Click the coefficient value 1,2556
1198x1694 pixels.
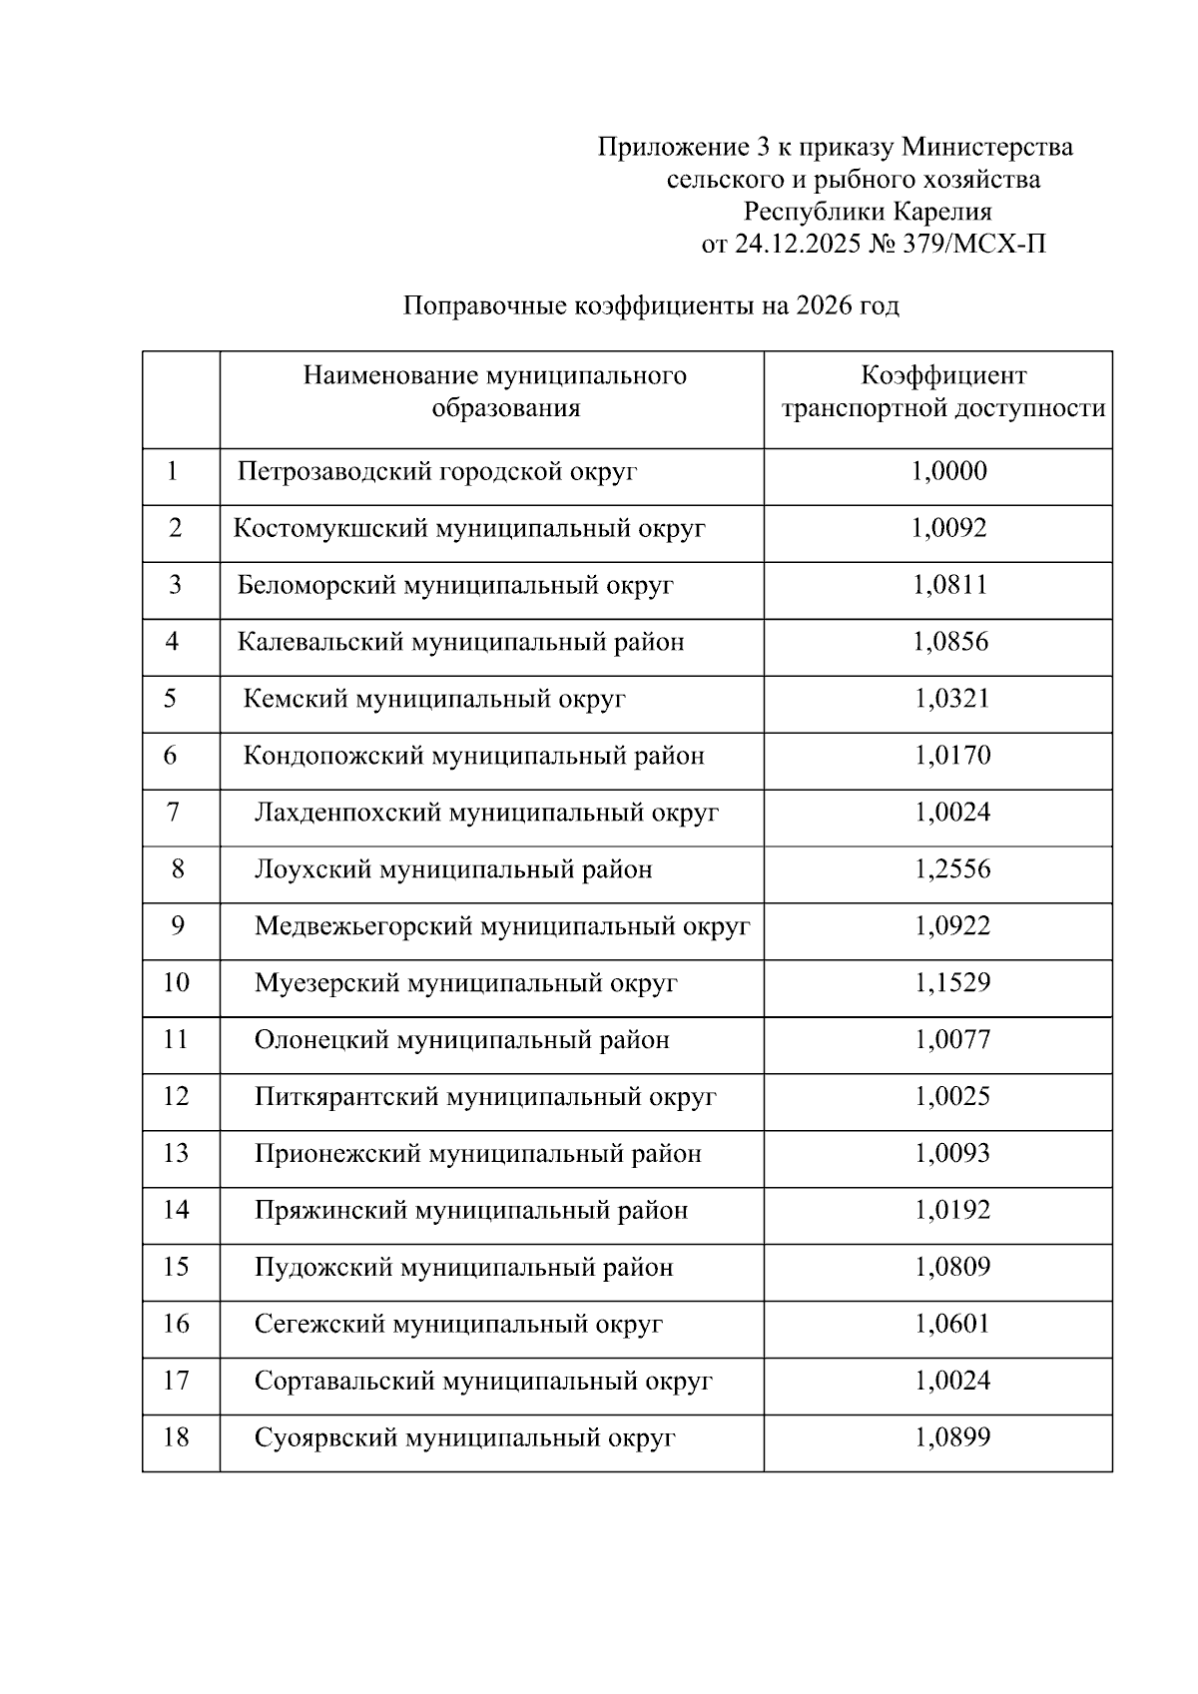952,869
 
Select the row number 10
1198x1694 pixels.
176,983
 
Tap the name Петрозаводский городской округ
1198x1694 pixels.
436,471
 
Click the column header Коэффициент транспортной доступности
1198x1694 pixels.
942,392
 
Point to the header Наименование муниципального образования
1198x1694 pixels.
495,392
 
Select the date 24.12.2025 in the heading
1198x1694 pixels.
798,244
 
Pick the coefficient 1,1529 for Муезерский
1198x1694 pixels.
952,983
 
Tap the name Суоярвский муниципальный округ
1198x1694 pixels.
464,1438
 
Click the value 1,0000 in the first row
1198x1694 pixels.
948,471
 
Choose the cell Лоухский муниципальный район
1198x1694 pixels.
452,869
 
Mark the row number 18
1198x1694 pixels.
176,1438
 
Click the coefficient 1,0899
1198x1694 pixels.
952,1438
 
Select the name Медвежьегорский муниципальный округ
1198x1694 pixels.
501,926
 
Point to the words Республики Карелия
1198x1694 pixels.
868,212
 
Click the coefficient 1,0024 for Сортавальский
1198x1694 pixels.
952,1382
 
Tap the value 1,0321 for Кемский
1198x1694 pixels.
952,699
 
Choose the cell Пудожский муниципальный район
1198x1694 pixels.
463,1268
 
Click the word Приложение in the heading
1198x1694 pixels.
667,148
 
